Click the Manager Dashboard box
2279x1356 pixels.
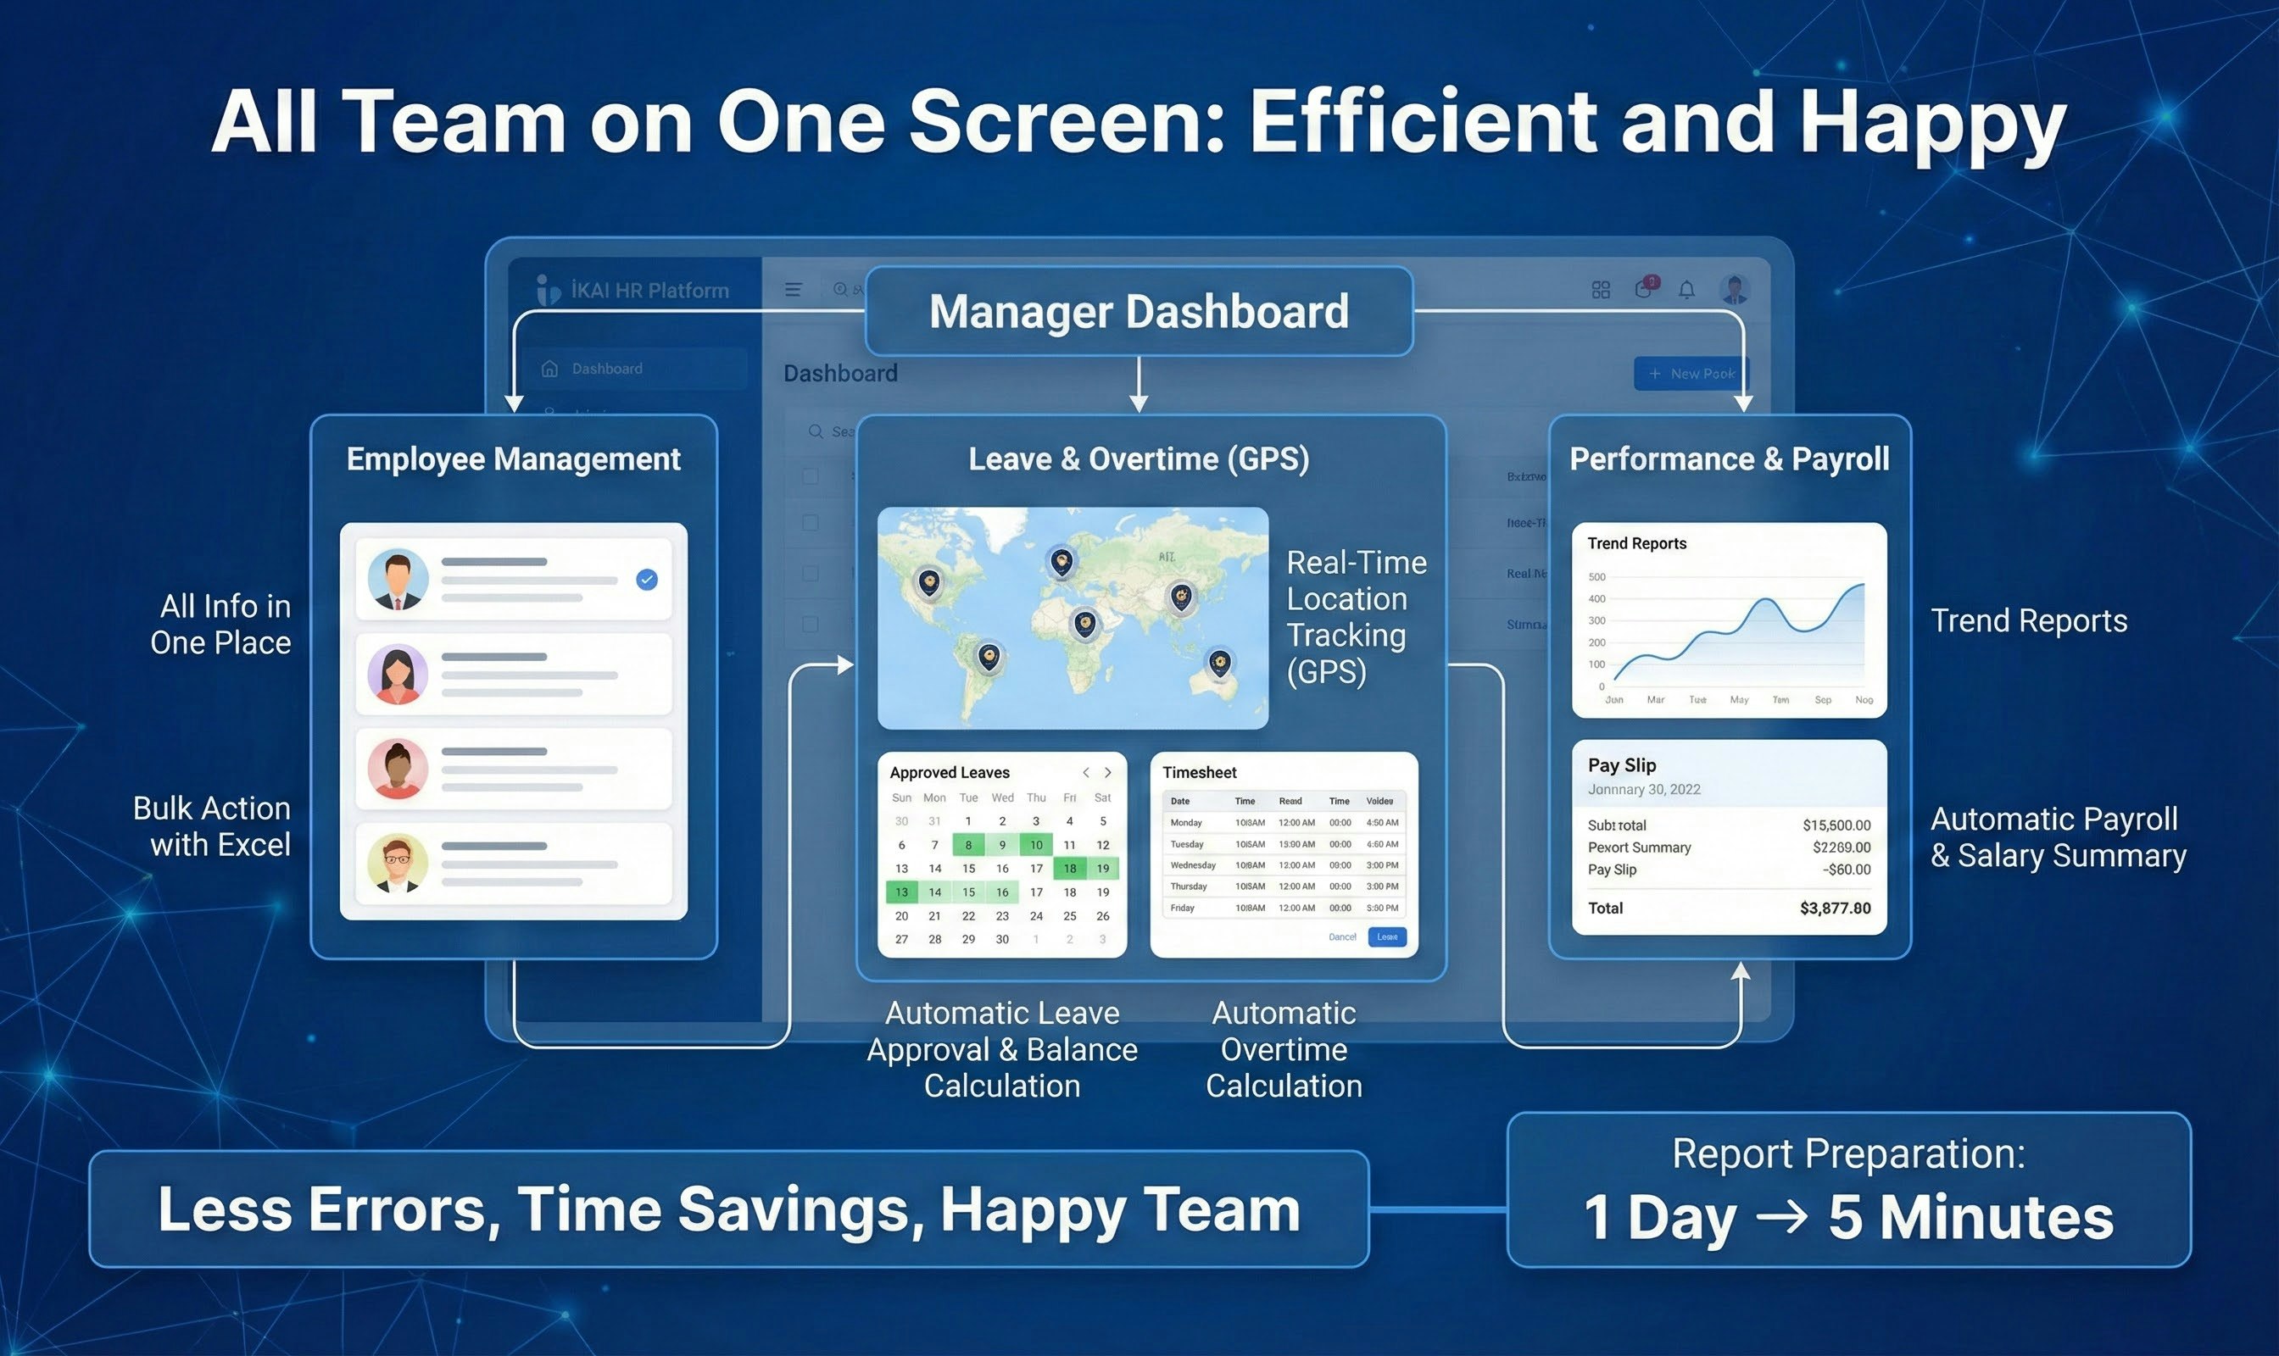(1138, 312)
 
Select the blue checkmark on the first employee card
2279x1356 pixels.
(646, 580)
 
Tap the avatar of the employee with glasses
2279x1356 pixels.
(398, 863)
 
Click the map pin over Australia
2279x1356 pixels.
(1218, 662)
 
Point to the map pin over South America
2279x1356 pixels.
(989, 656)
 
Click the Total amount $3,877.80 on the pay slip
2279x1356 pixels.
(1834, 909)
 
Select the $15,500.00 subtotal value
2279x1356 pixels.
(1836, 825)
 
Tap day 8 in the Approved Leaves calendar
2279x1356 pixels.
(968, 844)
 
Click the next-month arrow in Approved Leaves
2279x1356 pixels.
(1108, 773)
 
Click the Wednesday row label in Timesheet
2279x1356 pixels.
(1192, 865)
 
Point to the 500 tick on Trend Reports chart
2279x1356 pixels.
(1596, 577)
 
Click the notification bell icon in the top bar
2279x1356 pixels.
(1686, 291)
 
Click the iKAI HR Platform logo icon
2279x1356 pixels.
(547, 290)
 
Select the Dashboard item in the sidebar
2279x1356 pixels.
(606, 369)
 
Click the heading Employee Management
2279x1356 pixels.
(513, 458)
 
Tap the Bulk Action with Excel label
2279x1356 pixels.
(212, 826)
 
